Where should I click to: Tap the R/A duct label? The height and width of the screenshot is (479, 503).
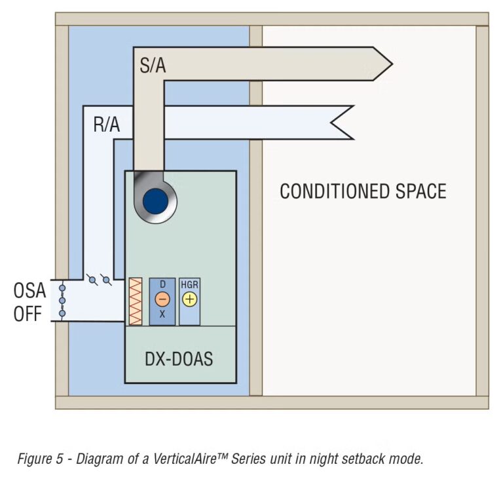(x=107, y=124)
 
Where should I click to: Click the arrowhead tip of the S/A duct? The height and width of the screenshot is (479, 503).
(x=390, y=64)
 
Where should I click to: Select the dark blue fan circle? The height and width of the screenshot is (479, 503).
(x=156, y=200)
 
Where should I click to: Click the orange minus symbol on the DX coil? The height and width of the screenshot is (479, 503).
(x=162, y=299)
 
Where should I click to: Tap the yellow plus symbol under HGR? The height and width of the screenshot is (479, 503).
(x=189, y=299)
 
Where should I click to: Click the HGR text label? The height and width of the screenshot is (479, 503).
(x=189, y=284)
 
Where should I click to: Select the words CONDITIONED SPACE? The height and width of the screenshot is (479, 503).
(x=363, y=191)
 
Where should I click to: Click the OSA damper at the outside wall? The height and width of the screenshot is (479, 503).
(x=62, y=301)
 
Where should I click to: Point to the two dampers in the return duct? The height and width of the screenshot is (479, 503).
(x=100, y=280)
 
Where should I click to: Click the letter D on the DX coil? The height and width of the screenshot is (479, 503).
(x=162, y=284)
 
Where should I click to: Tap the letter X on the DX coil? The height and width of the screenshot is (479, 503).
(x=162, y=315)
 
